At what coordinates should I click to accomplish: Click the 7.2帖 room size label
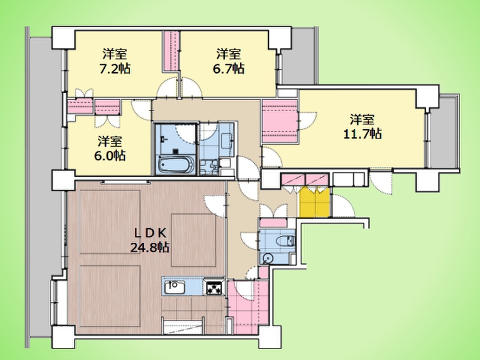[x=115, y=69]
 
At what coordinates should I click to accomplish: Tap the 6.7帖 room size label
[x=228, y=69]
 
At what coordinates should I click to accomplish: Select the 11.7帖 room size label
[x=363, y=133]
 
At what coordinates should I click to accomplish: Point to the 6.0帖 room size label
[x=110, y=156]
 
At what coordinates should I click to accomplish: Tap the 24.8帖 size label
[x=150, y=248]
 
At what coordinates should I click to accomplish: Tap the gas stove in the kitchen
[x=214, y=287]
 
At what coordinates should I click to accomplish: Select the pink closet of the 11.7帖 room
[x=280, y=121]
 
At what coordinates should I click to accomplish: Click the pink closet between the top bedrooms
[x=172, y=51]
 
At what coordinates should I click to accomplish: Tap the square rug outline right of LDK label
[x=193, y=240]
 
